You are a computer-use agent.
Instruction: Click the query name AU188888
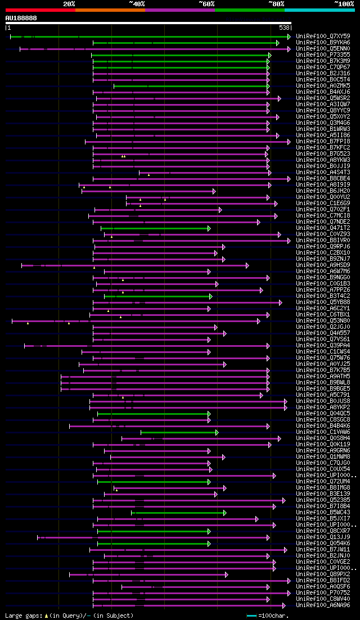[x=21, y=18]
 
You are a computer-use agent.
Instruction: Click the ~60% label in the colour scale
[x=206, y=3]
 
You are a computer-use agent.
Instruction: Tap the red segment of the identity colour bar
[x=40, y=10]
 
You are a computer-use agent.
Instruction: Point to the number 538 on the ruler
[x=284, y=28]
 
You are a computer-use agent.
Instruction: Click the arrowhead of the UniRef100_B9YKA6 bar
[x=278, y=43]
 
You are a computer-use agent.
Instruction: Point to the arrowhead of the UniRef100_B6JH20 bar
[x=214, y=191]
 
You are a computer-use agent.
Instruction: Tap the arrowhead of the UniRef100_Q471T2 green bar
[x=209, y=228]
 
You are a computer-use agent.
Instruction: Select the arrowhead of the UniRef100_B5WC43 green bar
[x=224, y=513]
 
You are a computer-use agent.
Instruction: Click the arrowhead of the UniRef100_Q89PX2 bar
[x=226, y=574]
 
